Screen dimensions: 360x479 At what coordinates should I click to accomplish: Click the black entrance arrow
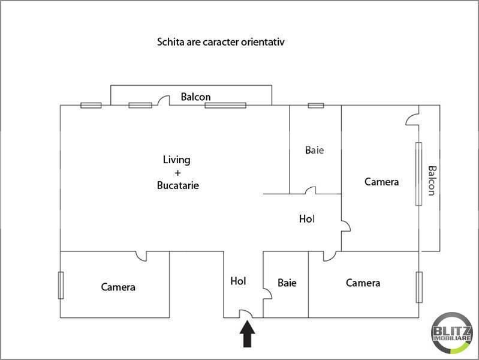coord(247,335)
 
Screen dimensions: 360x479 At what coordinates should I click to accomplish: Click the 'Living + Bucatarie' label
coord(177,173)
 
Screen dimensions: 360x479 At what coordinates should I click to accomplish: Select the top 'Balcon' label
coord(195,97)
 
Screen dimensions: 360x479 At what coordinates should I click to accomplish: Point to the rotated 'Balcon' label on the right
coord(430,180)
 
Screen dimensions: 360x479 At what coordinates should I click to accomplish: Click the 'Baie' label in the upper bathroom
coord(314,151)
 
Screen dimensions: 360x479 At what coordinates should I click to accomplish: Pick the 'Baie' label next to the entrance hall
coord(287,283)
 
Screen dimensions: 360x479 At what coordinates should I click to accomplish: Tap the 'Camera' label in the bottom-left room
coord(118,287)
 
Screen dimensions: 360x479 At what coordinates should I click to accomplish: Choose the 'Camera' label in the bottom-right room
coord(363,283)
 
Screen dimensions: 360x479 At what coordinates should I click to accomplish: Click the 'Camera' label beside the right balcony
coord(381,182)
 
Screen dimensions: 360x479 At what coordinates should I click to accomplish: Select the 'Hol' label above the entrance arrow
coord(238,280)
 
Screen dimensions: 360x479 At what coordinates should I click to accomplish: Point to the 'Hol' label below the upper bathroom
coord(306,220)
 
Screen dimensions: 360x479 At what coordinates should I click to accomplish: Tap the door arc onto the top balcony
coord(162,101)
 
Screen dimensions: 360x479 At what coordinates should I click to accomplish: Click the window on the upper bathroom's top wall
coord(316,106)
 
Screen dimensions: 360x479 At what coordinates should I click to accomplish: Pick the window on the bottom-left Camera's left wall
coord(61,285)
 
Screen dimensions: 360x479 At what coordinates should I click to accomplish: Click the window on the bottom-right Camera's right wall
coord(419,287)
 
